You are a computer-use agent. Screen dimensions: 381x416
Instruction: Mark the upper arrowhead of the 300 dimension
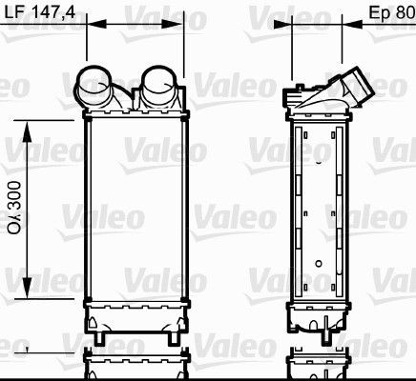pos(29,126)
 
